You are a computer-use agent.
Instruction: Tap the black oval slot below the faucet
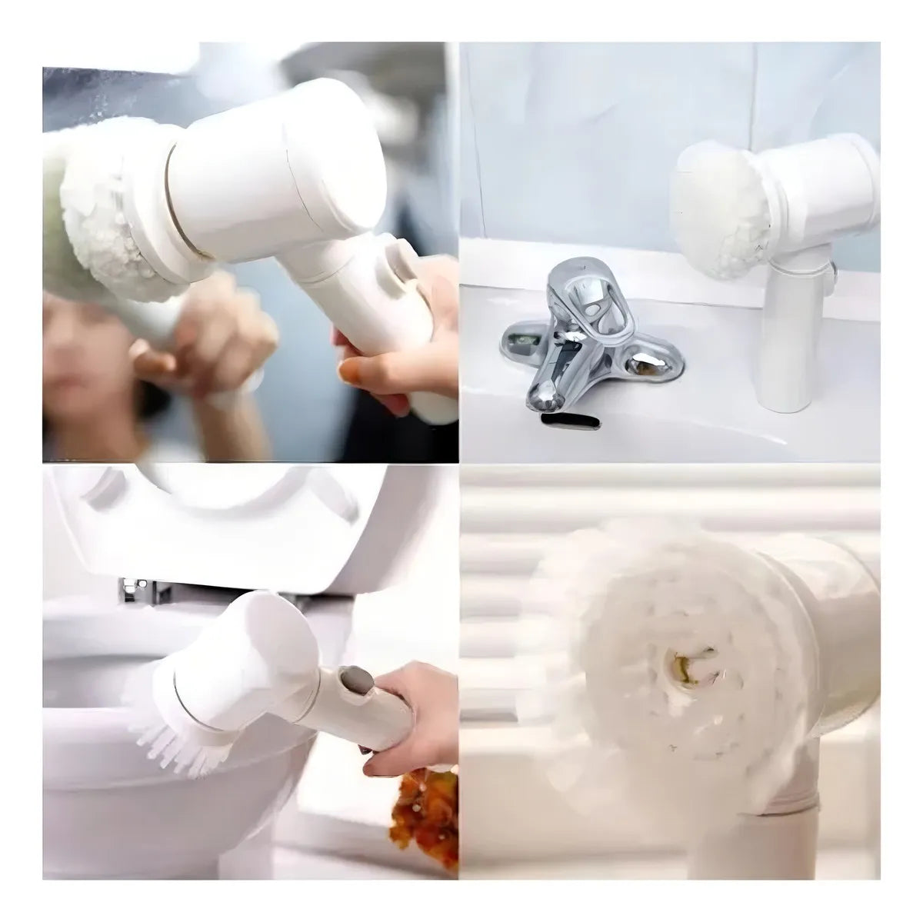(569, 420)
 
